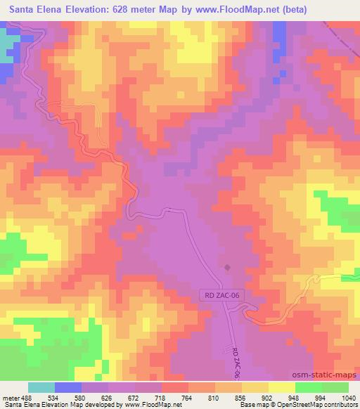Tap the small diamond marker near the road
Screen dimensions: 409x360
(x=227, y=267)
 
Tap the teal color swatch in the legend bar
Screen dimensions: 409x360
(x=41, y=387)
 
